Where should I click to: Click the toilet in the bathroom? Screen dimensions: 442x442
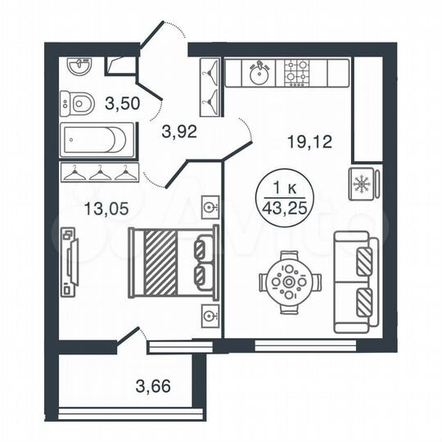point(79,104)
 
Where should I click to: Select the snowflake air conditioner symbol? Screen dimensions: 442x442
point(361,185)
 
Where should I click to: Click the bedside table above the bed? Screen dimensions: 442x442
point(210,205)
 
